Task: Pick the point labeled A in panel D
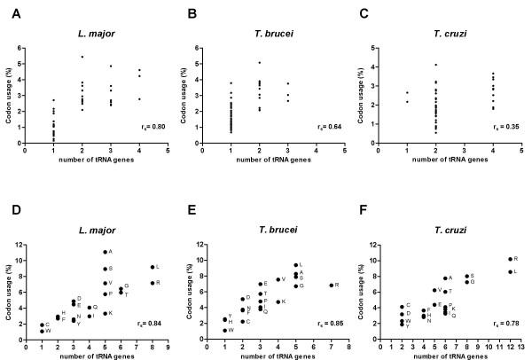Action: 106,252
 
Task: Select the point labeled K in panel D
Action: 106,313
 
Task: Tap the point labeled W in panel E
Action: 225,330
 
